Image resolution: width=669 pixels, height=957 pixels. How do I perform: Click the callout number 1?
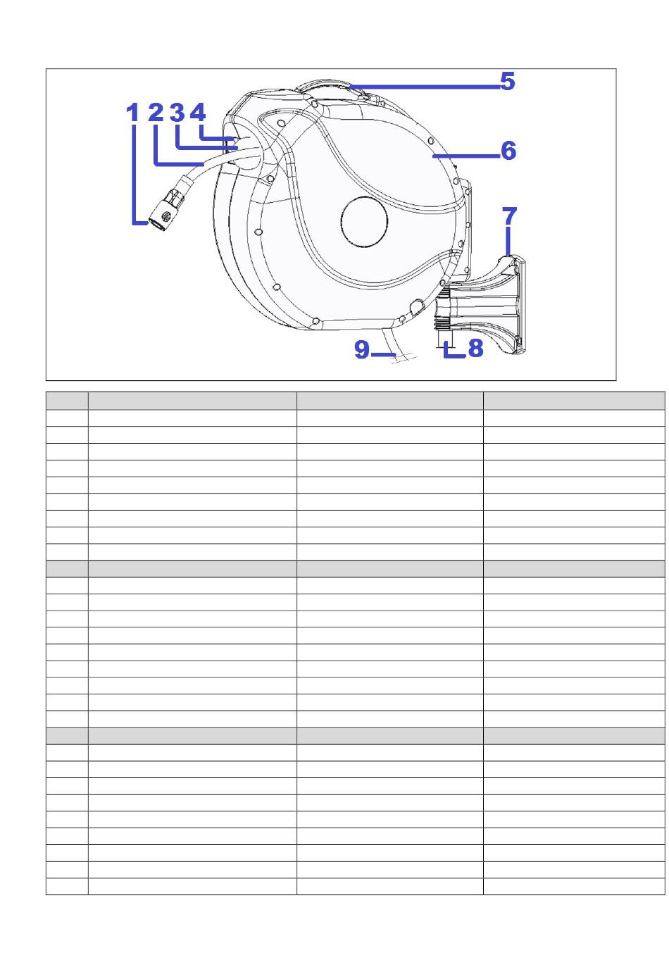[x=132, y=113]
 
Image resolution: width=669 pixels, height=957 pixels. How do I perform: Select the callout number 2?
[x=156, y=112]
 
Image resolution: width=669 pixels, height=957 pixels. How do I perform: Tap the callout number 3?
[x=177, y=113]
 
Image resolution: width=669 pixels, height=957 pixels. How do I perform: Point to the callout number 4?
[x=198, y=113]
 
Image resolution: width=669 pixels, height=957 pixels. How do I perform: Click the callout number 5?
[x=508, y=81]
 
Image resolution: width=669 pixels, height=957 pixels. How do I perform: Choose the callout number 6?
[x=508, y=151]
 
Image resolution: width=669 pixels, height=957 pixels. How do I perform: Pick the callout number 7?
[x=509, y=215]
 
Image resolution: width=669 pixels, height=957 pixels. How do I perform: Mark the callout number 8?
[x=476, y=348]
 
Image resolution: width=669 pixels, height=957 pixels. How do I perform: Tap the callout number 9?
[x=362, y=349]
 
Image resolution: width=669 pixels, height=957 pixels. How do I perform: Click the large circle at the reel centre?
[x=364, y=222]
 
